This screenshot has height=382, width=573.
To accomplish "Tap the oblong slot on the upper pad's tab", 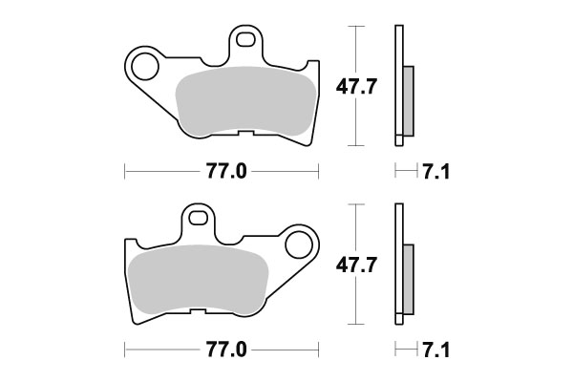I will point(247,42).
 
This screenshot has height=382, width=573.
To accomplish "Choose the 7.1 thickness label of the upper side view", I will point(435,172).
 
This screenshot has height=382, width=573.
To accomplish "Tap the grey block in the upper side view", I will point(409,100).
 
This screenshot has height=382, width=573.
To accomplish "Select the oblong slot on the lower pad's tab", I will point(197,218).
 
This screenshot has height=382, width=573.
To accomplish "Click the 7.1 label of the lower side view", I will point(435,350).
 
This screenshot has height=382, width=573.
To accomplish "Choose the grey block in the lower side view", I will point(409,277).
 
